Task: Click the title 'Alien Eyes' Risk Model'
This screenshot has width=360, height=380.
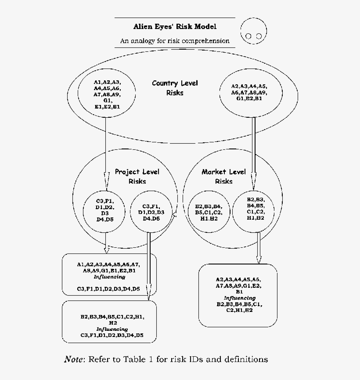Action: pyautogui.click(x=175, y=26)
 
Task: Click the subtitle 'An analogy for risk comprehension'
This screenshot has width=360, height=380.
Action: pyautogui.click(x=175, y=41)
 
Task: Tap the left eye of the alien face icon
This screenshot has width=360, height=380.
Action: pyautogui.click(x=248, y=36)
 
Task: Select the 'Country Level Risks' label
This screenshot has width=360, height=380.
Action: pyautogui.click(x=175, y=87)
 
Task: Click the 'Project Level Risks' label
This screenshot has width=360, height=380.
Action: pyautogui.click(x=137, y=176)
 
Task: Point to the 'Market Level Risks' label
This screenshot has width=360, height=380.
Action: pyautogui.click(x=223, y=176)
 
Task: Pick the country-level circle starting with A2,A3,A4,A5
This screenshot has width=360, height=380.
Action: pyautogui.click(x=249, y=92)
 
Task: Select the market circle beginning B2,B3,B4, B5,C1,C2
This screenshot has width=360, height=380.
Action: pyautogui.click(x=209, y=212)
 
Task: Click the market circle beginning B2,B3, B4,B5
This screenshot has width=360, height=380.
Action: pyautogui.click(x=255, y=209)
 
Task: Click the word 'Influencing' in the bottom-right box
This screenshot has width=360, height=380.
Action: pyautogui.click(x=239, y=298)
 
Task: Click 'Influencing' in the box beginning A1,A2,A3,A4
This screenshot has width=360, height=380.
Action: pyautogui.click(x=109, y=277)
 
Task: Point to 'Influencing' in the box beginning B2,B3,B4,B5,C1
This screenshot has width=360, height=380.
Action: pyautogui.click(x=112, y=329)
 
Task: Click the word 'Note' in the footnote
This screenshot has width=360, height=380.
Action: pyautogui.click(x=74, y=359)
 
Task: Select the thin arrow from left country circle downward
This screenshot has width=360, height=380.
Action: pyautogui.click(x=105, y=145)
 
